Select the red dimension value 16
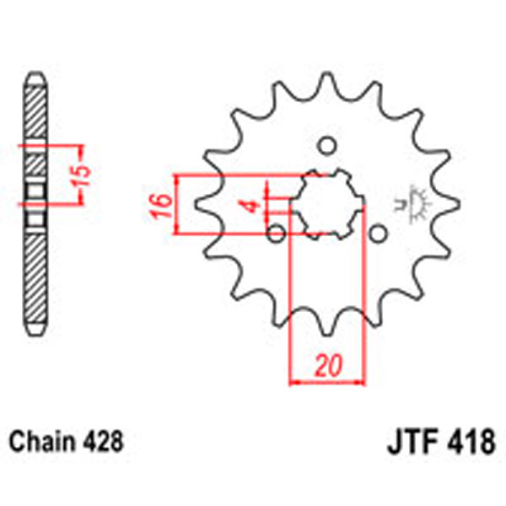coord(163,204)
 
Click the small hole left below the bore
coord(275,232)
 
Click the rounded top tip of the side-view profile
coord(35,75)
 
